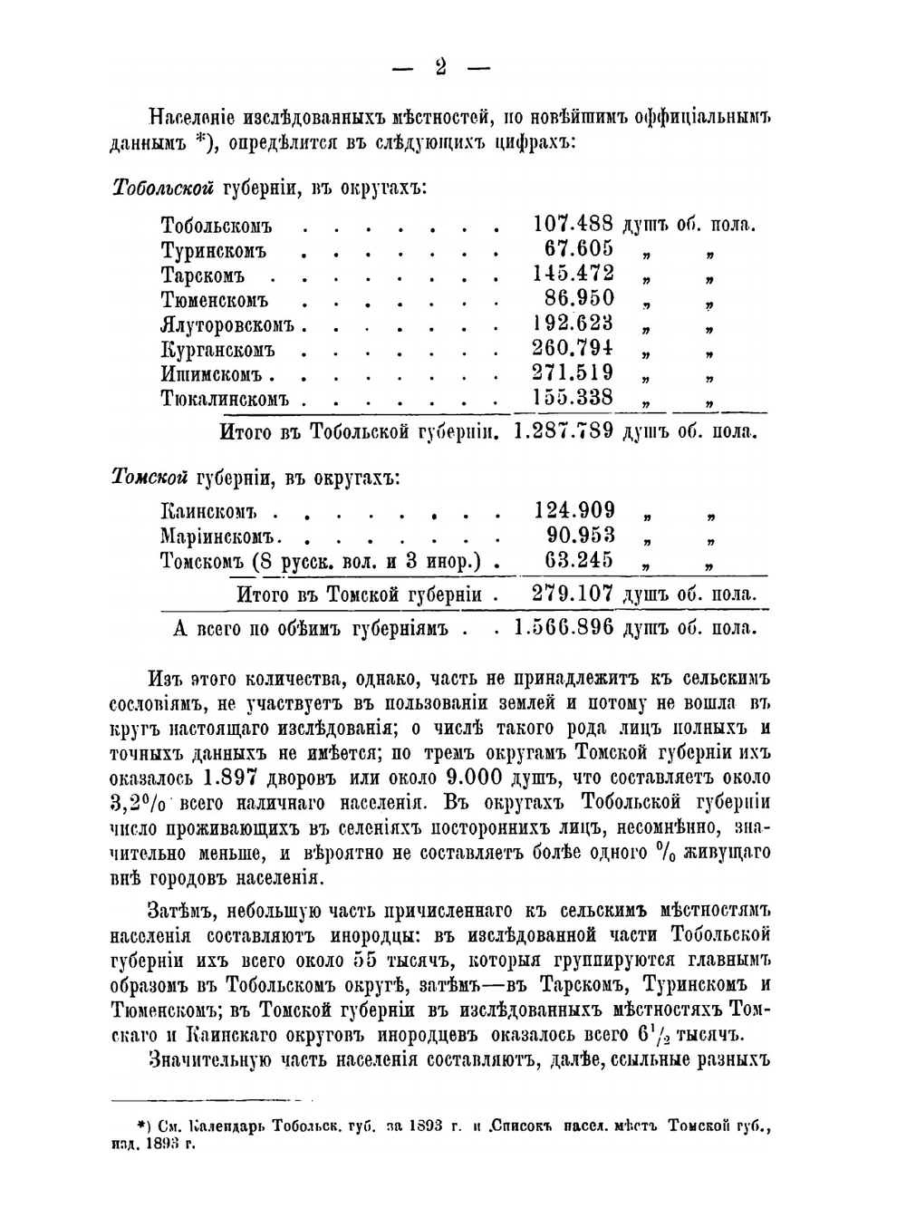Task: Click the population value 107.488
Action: pos(573,224)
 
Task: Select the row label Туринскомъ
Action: pos(214,250)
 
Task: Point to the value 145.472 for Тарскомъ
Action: pos(573,274)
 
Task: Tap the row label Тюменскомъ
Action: pos(215,300)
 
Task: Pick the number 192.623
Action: pos(573,324)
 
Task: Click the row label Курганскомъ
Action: pos(217,350)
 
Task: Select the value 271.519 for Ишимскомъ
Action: pos(573,372)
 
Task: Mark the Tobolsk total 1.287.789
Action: pos(564,430)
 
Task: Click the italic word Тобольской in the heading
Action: pos(163,188)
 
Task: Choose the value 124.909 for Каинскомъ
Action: pos(573,510)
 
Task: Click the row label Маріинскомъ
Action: pos(221,536)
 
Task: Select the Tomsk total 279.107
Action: pos(573,594)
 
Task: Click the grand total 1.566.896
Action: pos(564,627)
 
